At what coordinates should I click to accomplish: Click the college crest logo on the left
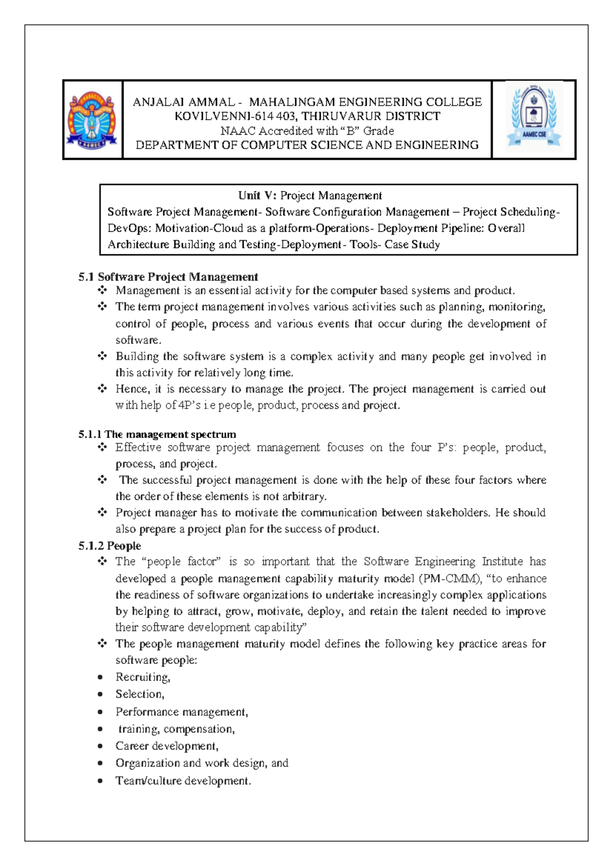92,121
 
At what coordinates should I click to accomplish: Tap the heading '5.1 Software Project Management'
168,277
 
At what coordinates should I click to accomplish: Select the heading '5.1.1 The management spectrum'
157,435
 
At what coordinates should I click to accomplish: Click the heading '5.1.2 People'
110,546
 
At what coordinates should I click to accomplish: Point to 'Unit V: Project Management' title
310,196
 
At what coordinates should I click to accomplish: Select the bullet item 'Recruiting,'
143,677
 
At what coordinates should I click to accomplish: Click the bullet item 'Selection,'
139,694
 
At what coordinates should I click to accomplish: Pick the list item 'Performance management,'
181,712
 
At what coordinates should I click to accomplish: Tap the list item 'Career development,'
167,746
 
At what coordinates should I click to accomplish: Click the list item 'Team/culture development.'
183,781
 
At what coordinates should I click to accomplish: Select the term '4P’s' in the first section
190,405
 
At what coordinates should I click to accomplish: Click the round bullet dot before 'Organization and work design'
101,763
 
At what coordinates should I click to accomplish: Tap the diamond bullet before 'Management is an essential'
102,291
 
